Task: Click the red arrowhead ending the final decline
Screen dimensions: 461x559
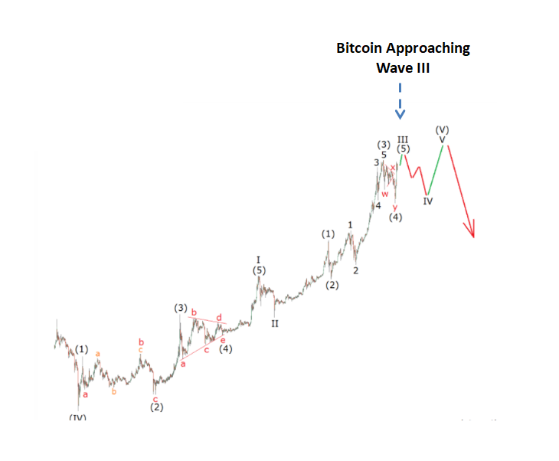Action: click(472, 229)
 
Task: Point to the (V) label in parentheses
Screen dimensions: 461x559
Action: click(442, 129)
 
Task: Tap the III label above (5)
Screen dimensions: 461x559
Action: click(402, 140)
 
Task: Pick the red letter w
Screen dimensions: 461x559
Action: click(385, 194)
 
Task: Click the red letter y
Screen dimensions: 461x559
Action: click(395, 207)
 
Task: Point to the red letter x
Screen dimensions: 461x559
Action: click(394, 167)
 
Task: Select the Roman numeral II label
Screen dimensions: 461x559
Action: click(274, 323)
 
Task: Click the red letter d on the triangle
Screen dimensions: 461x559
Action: click(219, 317)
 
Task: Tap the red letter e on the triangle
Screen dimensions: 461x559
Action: click(223, 339)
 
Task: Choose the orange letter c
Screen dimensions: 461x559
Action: click(141, 350)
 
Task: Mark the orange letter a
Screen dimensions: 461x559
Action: click(98, 353)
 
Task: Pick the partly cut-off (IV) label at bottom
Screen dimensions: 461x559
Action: click(78, 417)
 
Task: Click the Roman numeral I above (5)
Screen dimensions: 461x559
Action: click(259, 260)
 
